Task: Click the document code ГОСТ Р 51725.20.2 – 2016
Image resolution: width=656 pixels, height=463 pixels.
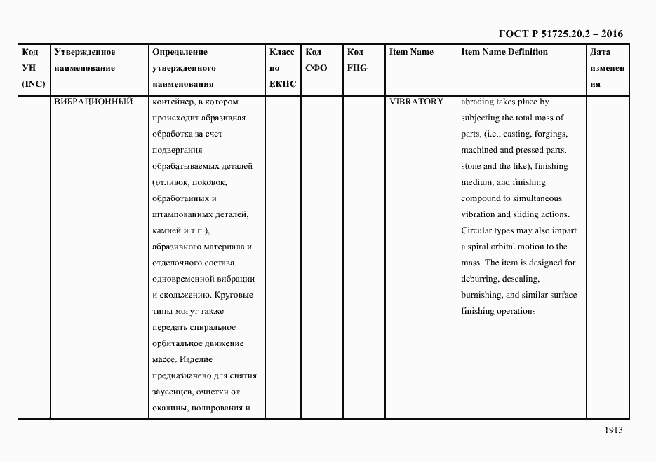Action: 560,33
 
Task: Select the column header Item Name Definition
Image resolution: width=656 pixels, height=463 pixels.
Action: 504,52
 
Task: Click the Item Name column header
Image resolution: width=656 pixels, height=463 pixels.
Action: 411,52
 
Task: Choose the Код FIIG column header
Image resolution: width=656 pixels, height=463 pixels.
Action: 356,60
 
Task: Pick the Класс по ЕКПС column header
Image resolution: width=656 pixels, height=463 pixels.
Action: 283,68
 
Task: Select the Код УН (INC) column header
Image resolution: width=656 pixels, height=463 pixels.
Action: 32,68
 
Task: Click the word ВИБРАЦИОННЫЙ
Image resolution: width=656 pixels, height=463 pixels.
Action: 93,102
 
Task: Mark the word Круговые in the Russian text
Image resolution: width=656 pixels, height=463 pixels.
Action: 233,295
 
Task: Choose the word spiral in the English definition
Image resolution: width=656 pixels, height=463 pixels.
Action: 478,247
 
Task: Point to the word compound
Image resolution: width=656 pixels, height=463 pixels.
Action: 481,198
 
